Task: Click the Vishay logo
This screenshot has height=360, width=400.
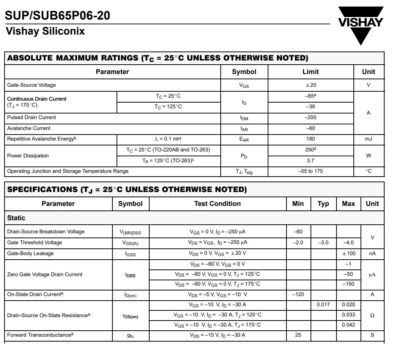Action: tap(360, 24)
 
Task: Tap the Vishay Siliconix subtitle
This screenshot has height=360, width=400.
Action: tap(45, 31)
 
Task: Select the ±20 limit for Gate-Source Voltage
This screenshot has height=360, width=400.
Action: tap(311, 85)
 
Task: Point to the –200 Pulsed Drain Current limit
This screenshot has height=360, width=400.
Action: tap(311, 118)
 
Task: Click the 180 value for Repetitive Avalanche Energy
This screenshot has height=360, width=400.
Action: tap(311, 139)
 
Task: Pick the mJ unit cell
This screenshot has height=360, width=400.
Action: tap(368, 139)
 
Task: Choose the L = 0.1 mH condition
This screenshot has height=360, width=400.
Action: tap(168, 139)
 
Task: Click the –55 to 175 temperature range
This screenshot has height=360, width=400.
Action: tap(311, 171)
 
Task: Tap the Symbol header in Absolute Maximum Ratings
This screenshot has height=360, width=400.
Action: tap(244, 72)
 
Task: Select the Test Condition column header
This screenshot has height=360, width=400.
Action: tap(217, 204)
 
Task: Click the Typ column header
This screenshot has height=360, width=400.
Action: tap(323, 204)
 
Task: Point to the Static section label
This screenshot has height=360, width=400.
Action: tap(17, 218)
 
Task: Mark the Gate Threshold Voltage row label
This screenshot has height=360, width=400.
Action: tap(35, 243)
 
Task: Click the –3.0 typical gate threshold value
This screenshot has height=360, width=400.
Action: tap(323, 243)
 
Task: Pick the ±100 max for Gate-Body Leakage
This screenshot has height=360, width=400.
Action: tap(348, 254)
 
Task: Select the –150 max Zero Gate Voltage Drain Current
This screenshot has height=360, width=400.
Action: tap(348, 284)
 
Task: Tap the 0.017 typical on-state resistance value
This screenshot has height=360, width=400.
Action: tap(323, 305)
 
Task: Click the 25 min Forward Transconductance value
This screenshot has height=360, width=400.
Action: tap(298, 335)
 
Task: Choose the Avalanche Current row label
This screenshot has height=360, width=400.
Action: tap(29, 129)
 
